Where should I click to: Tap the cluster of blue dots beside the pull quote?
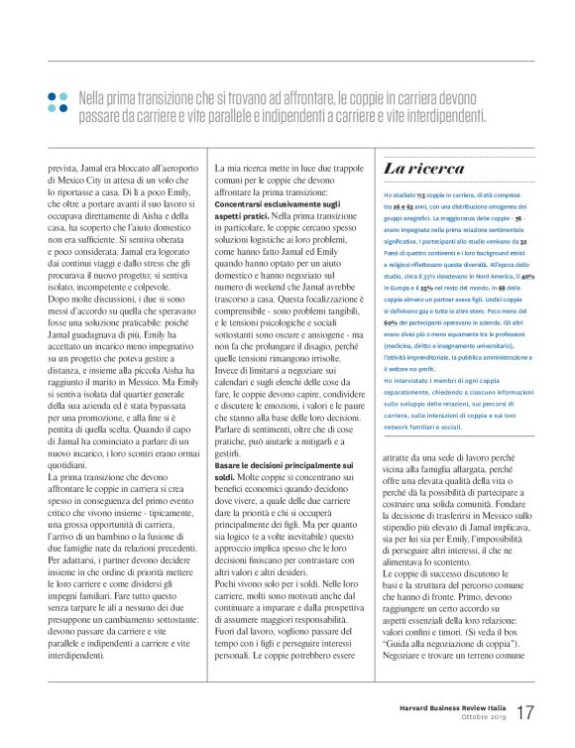[57, 101]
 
